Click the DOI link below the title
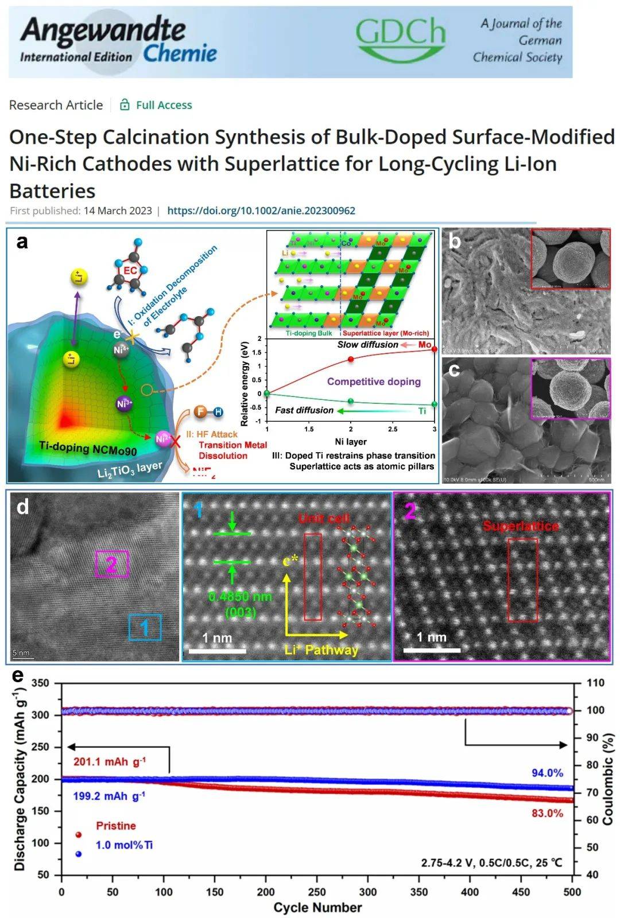[x=261, y=211]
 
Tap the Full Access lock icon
[x=124, y=105]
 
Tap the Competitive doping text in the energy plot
[x=374, y=382]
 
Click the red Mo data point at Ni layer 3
[x=434, y=349]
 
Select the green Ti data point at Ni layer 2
[x=351, y=401]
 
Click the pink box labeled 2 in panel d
[x=111, y=565]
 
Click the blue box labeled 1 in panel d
[x=145, y=627]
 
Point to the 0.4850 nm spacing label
[x=240, y=604]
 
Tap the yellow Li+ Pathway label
[x=321, y=650]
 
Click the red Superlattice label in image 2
[x=520, y=526]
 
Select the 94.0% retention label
[x=547, y=773]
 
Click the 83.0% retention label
[x=547, y=813]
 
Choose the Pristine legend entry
[x=116, y=826]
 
